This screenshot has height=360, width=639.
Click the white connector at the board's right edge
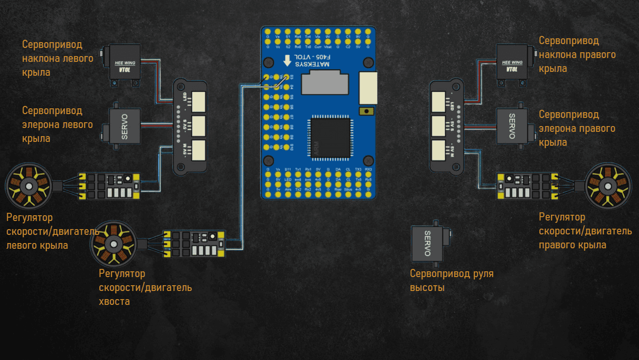pos(368,88)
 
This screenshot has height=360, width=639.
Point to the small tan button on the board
pos(366,111)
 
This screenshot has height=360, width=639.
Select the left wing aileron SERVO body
pos(124,125)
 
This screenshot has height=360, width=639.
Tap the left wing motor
pos(28,186)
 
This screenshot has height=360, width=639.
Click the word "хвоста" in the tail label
pos(114,302)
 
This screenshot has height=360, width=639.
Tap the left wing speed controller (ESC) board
pos(109,186)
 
